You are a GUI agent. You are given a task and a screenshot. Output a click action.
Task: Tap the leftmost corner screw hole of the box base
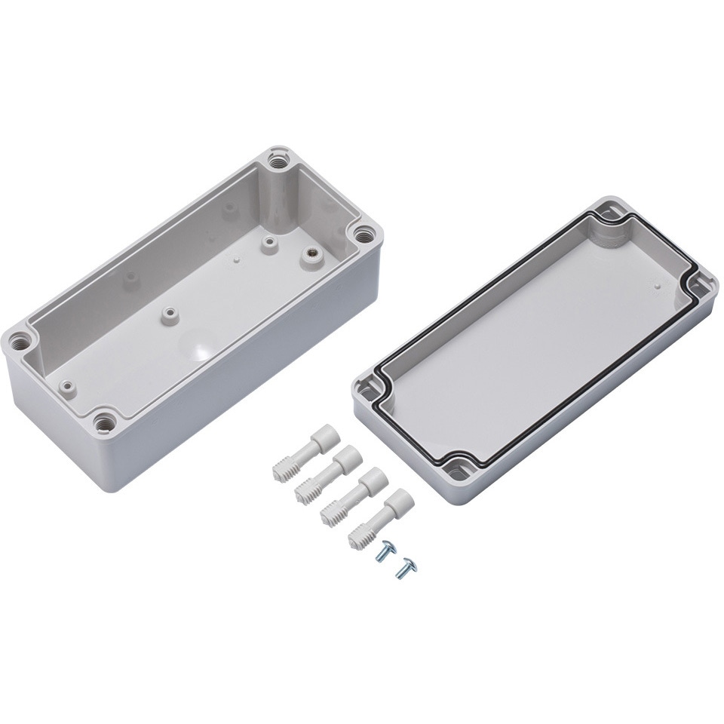(x=21, y=341)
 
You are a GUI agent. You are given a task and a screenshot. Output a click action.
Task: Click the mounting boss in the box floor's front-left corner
(x=69, y=385)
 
